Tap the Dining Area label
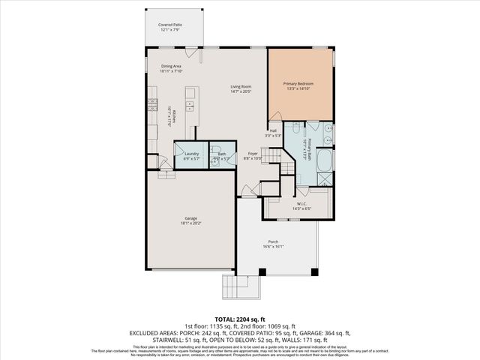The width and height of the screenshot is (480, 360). [x=171, y=67]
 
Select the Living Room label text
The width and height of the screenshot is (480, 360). [x=241, y=87]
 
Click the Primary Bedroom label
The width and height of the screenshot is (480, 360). [x=298, y=82]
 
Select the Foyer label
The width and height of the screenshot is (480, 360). [x=253, y=154]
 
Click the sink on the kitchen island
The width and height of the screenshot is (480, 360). [x=190, y=94]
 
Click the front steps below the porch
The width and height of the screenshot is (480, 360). [x=240, y=286]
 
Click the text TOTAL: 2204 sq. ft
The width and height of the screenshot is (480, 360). [x=239, y=319]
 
